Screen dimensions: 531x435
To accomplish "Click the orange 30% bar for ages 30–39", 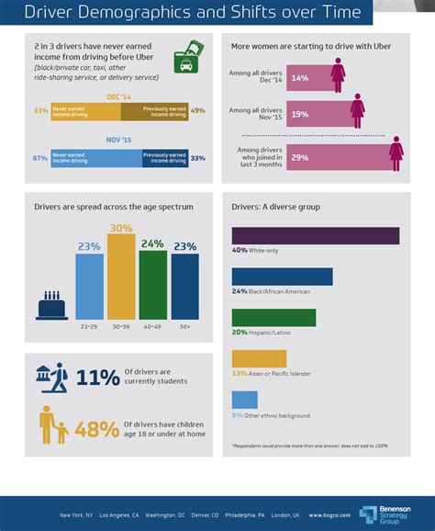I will [x=121, y=277].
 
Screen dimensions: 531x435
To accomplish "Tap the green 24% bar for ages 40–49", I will [x=152, y=284].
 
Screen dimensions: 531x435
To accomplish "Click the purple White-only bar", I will [x=316, y=235].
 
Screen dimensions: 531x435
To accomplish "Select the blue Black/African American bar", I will [x=282, y=277].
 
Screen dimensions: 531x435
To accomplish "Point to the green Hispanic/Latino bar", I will [x=273, y=317].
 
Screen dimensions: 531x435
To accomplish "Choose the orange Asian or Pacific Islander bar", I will [x=259, y=358].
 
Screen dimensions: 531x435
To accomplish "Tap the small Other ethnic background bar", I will [x=244, y=400].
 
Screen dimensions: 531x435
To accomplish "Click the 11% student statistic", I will [x=97, y=378].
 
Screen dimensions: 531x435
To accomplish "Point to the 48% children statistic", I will [x=97, y=429].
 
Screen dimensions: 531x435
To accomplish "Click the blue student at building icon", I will [x=53, y=377].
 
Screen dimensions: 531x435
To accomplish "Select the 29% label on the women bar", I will [x=299, y=158].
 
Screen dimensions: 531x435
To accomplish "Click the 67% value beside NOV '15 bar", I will [x=39, y=157].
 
